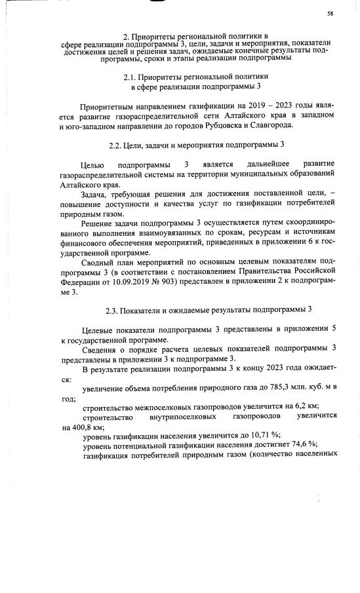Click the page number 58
(330, 13)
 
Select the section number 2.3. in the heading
(113, 309)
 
